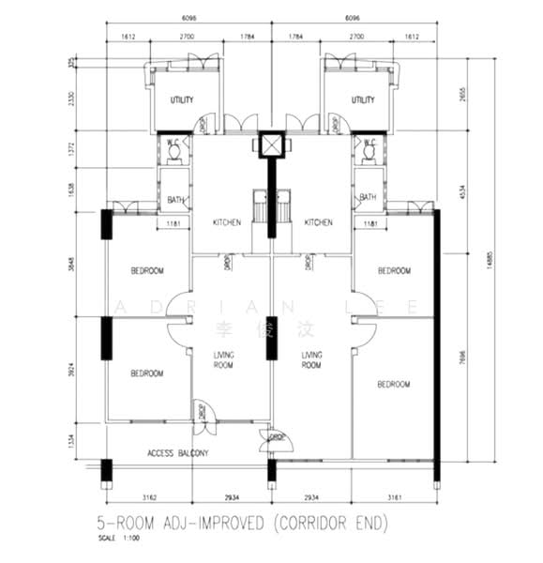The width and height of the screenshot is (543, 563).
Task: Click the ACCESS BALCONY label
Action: point(177,453)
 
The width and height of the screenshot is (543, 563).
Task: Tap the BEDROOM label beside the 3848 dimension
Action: point(147,271)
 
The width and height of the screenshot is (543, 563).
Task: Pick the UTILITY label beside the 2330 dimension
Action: point(181,99)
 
